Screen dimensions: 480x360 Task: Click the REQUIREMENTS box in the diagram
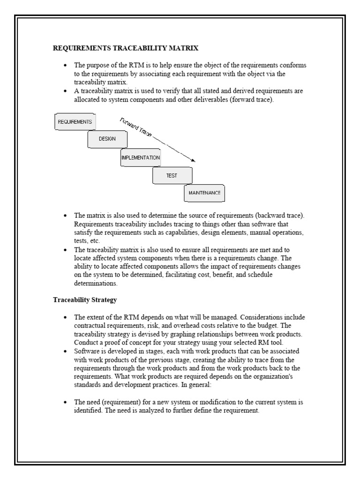(x=75, y=122)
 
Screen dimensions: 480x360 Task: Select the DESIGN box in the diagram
(x=107, y=139)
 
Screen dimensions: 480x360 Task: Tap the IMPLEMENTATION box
(x=141, y=158)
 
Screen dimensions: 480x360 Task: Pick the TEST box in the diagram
(x=172, y=175)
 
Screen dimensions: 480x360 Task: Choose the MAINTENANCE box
(x=204, y=193)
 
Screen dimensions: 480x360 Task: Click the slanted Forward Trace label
(x=136, y=127)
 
